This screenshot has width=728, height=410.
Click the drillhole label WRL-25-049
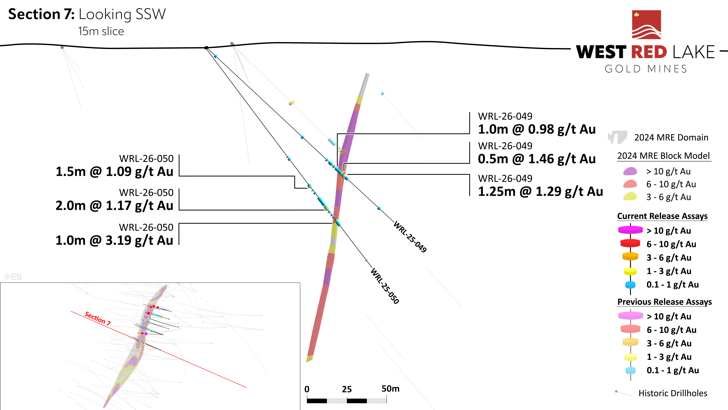(410, 237)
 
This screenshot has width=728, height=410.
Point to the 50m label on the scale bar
(390, 389)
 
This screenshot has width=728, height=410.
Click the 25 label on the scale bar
(347, 389)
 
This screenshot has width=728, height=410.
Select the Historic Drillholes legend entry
(673, 393)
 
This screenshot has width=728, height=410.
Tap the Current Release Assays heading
(662, 216)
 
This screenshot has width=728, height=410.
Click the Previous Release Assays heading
(664, 302)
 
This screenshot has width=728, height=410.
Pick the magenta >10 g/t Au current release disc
(630, 230)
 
